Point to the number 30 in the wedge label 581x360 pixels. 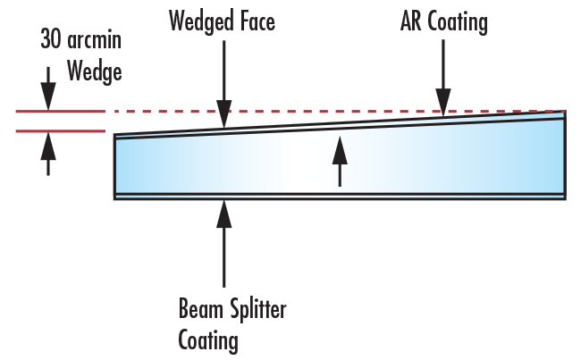point(51,39)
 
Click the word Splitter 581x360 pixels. point(255,310)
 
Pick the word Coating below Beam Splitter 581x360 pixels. point(208,339)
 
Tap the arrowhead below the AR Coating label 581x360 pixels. point(442,105)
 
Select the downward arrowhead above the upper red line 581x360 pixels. point(48,100)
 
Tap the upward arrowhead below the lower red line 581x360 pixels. point(48,142)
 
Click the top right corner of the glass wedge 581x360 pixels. point(564,112)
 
